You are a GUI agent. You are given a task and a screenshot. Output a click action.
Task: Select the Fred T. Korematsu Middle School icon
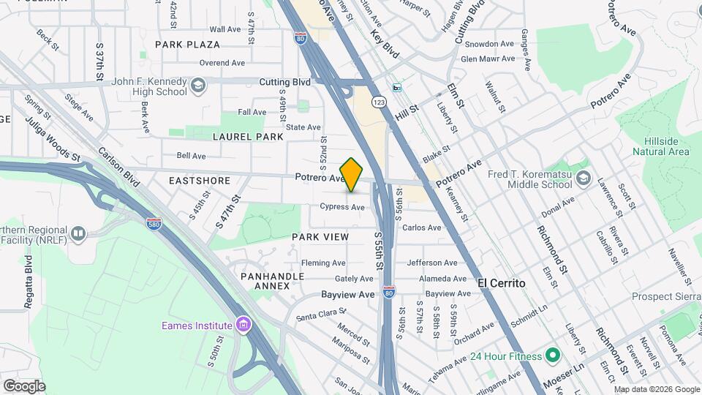pyautogui.click(x=583, y=178)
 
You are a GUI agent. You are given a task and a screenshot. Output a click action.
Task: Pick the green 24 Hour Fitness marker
pyautogui.click(x=553, y=356)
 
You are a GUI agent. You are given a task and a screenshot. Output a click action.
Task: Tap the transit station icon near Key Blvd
pyautogui.click(x=397, y=88)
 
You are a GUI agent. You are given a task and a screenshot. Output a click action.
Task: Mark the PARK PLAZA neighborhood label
pyautogui.click(x=187, y=45)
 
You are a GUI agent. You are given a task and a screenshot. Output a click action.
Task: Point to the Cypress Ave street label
pyautogui.click(x=342, y=207)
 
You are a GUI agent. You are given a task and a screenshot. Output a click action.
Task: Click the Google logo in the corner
pyautogui.click(x=24, y=385)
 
